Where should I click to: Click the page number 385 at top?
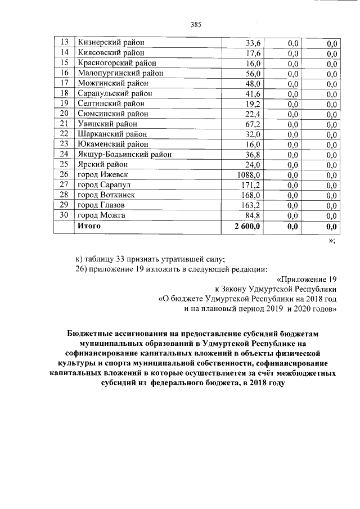[196, 24]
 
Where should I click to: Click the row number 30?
[64, 215]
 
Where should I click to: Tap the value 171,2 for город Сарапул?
[251, 185]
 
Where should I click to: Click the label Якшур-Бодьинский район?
[124, 154]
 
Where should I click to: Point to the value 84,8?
[253, 215]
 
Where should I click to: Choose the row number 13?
[64, 42]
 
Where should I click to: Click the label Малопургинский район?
[120, 73]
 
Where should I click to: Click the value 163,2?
[251, 205]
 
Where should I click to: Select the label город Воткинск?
[106, 195]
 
